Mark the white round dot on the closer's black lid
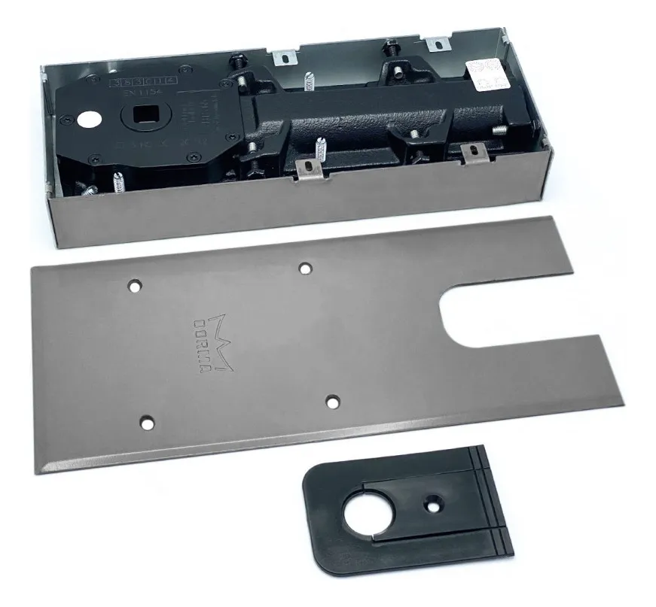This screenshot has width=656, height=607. (x=91, y=117)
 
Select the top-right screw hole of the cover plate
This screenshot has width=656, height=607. (x=304, y=268)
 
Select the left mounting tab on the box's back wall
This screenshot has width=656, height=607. (x=285, y=56)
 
